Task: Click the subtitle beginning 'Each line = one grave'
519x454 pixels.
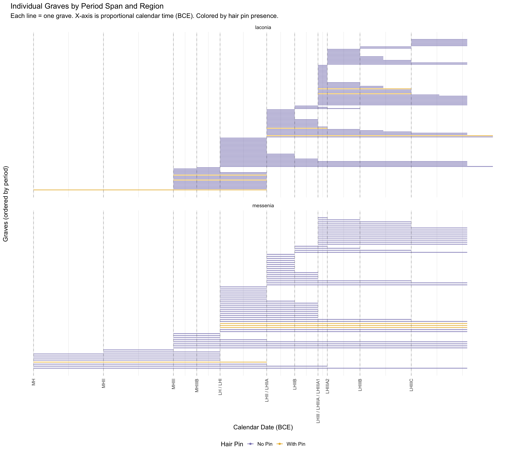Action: pyautogui.click(x=144, y=16)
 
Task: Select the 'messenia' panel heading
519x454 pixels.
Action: pyautogui.click(x=263, y=206)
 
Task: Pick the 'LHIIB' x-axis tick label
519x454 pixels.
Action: pyautogui.click(x=295, y=385)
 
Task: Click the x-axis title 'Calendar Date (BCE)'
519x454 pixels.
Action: pyautogui.click(x=263, y=427)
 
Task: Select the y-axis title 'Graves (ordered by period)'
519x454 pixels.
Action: pyautogui.click(x=6, y=204)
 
